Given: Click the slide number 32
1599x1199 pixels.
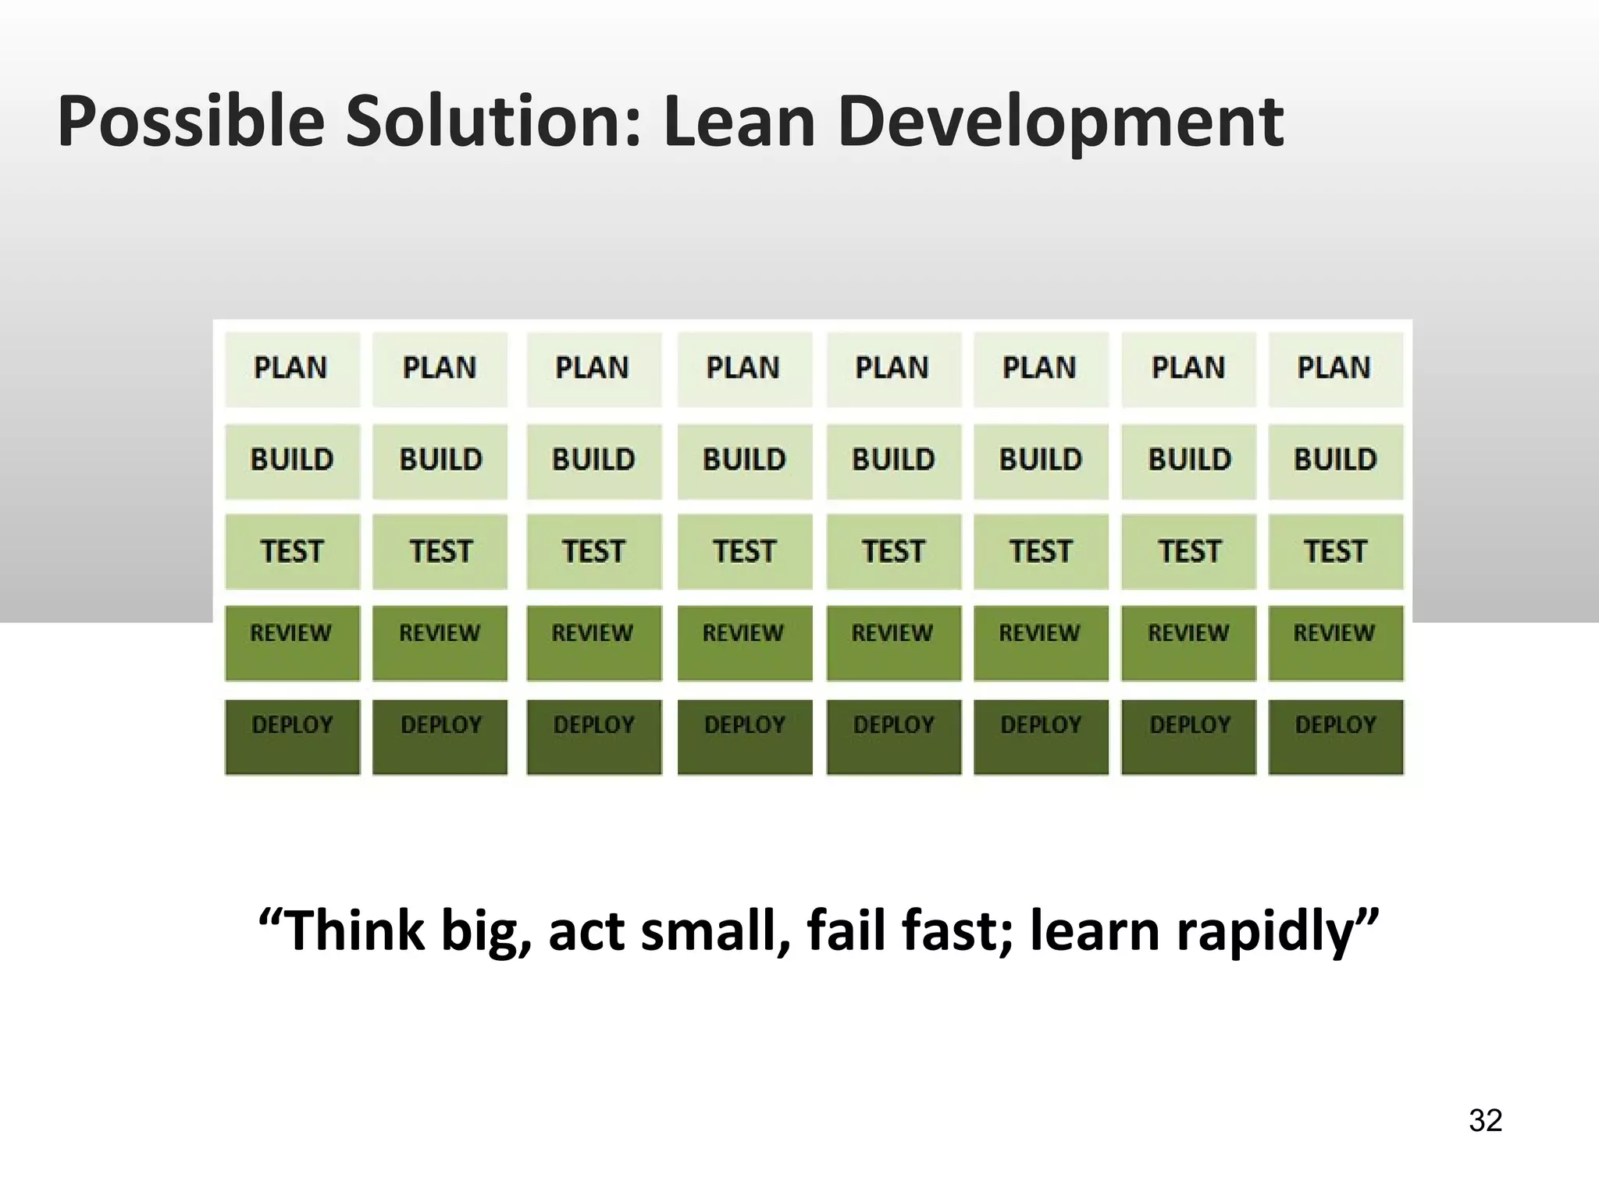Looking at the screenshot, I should coord(1485,1121).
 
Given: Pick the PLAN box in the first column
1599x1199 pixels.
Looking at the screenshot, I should coord(292,368).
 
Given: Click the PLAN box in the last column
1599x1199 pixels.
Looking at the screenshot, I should coord(1335,368).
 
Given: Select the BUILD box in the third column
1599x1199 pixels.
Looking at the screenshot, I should coord(593,461).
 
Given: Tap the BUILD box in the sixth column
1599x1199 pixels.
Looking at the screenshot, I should coord(1041,461).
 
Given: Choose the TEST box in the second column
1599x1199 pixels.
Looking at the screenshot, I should coord(440,552).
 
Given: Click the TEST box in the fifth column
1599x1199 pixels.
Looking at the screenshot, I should coord(893,552).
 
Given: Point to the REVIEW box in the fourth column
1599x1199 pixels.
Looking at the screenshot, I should coord(744,642).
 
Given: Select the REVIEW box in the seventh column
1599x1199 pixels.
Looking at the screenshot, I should coord(1188,642).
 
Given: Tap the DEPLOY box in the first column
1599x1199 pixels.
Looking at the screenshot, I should coord(292,736).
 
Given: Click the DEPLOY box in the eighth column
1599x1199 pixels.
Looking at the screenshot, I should coord(1335,736).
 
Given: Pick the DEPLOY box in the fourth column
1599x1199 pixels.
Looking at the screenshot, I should coord(744,736).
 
